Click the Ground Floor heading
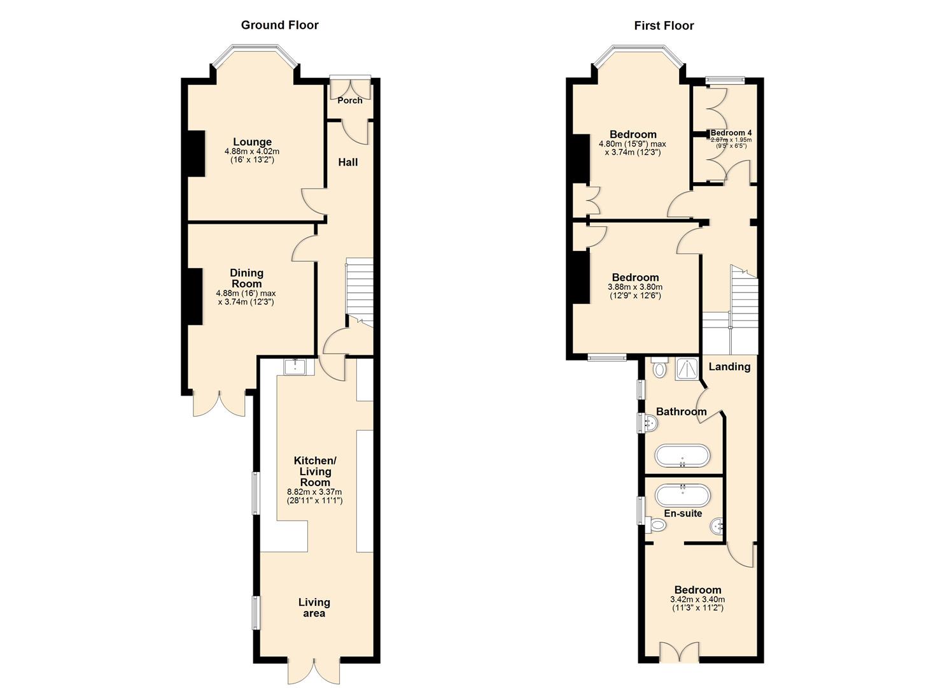pos(279,25)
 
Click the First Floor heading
pos(664,25)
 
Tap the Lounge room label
pos(252,142)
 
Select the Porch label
pos(350,100)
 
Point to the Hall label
pos(347,162)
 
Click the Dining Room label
pos(246,278)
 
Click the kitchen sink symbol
pos(295,366)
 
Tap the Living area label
pos(314,608)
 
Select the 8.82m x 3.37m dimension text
pos(314,492)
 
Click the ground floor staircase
pos(359,290)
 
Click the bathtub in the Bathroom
pos(682,456)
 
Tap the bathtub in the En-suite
pos(682,495)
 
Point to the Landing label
pos(729,366)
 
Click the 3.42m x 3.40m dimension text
pos(697,599)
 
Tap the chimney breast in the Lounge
pos(195,154)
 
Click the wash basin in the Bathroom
pos(649,422)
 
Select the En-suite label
pos(683,513)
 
